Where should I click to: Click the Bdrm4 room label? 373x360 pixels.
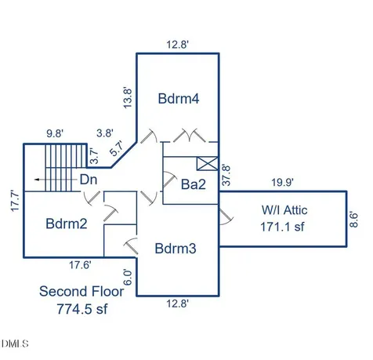179,99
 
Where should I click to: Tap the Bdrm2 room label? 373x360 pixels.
67,224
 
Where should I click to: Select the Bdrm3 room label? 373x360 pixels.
176,249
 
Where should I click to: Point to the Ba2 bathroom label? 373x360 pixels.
194,184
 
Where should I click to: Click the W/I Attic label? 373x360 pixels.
284,210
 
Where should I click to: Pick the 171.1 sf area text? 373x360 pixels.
282,227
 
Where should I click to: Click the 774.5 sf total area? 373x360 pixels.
82,309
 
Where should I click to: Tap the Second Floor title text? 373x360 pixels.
81,291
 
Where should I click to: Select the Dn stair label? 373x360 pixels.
89,180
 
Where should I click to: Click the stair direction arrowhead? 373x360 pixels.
37,180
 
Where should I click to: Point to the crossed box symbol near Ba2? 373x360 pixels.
207,164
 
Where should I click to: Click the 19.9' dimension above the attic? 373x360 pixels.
282,182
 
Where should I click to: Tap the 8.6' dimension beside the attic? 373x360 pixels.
353,220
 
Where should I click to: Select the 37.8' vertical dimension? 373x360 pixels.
226,175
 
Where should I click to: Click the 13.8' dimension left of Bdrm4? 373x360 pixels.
128,97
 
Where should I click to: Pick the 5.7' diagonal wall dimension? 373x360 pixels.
117,149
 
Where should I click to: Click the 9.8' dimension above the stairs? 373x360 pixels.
55,134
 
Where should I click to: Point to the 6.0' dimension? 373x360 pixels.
128,278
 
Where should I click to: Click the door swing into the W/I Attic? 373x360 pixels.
226,217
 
